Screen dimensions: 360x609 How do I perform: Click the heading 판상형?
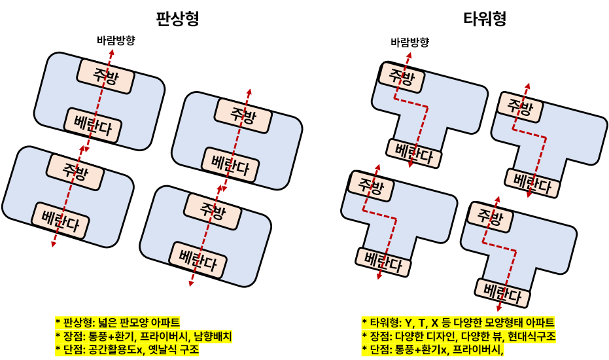(177, 18)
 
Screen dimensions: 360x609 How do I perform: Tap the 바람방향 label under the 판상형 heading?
(115, 41)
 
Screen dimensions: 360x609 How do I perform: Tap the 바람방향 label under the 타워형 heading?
(409, 42)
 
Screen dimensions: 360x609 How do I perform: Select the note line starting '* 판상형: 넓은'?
(117, 323)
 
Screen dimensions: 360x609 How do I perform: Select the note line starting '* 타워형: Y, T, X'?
(458, 323)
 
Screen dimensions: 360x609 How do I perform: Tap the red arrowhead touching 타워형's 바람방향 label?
(409, 54)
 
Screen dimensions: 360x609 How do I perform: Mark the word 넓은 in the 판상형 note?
(107, 323)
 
